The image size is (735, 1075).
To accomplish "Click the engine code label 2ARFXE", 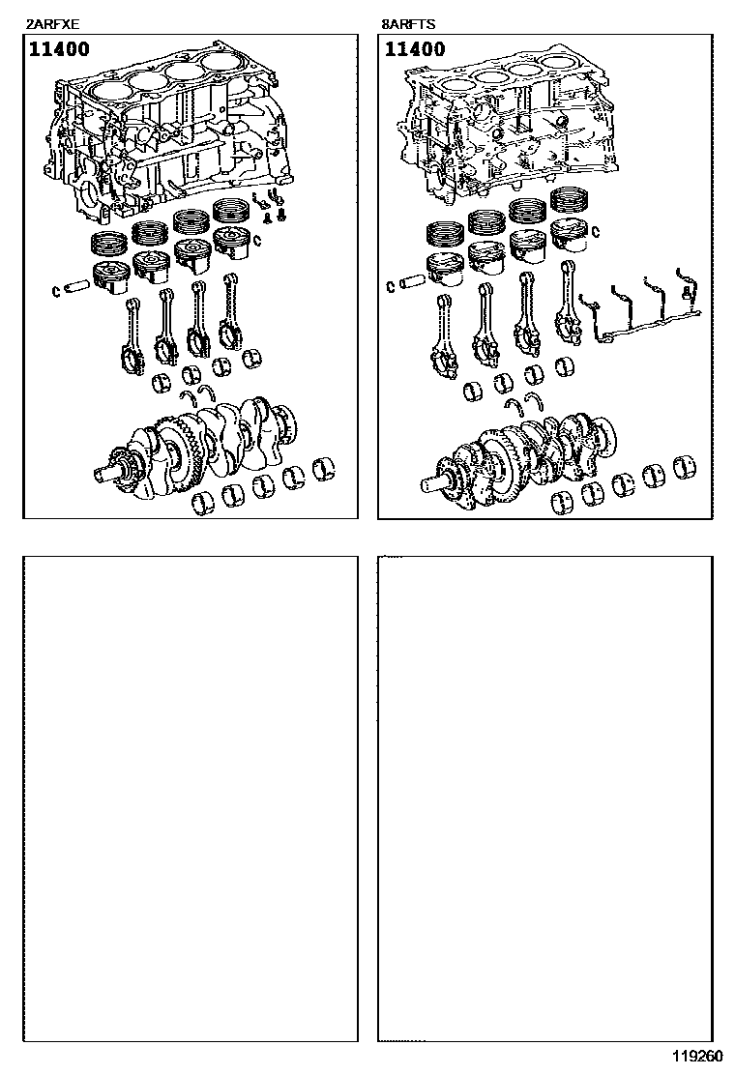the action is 52,25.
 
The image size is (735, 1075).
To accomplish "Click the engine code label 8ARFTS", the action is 408,25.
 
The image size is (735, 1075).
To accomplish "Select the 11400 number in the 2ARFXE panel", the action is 59,49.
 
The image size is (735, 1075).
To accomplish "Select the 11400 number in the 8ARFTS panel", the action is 415,49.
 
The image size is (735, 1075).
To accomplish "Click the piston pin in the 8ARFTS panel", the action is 412,282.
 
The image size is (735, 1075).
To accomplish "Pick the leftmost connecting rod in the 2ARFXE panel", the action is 133,336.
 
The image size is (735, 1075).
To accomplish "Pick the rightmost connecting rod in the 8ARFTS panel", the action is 569,303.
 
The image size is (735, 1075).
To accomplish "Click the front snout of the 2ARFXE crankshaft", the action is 109,473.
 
